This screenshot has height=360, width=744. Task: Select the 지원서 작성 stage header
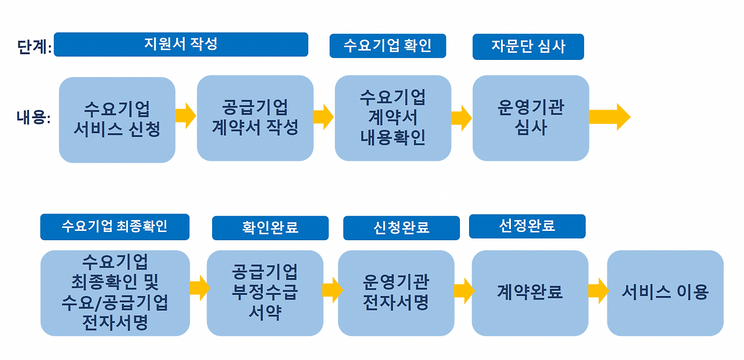point(181,45)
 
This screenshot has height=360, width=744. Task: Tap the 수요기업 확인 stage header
point(387,46)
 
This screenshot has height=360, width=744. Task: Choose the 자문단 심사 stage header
point(528,47)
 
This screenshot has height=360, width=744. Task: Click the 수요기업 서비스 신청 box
point(117,119)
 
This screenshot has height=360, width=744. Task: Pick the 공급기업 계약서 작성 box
point(255,118)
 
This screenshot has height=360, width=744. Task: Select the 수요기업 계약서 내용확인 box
point(393,118)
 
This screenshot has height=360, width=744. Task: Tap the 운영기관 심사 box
point(531,118)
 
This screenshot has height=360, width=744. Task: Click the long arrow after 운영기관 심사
point(609,117)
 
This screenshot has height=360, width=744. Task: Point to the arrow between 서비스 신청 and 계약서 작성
point(186,116)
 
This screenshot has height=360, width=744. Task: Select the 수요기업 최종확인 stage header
point(115,227)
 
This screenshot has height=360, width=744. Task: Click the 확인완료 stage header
point(270,228)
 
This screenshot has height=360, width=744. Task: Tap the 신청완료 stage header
point(401,228)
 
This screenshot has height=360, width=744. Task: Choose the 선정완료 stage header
point(527,226)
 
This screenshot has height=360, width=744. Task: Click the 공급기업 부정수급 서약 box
point(265,293)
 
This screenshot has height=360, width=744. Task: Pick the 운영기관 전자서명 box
point(396,293)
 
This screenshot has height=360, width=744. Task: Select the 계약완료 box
point(530,293)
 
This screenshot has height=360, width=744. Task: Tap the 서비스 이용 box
point(665,293)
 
